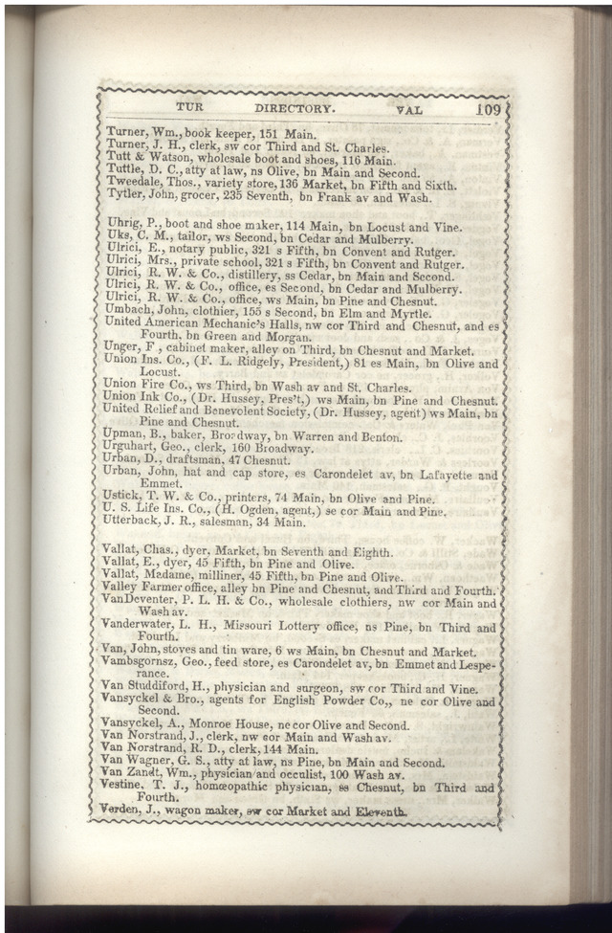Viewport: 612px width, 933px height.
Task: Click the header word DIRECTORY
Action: click(295, 109)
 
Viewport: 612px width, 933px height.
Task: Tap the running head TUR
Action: click(192, 109)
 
